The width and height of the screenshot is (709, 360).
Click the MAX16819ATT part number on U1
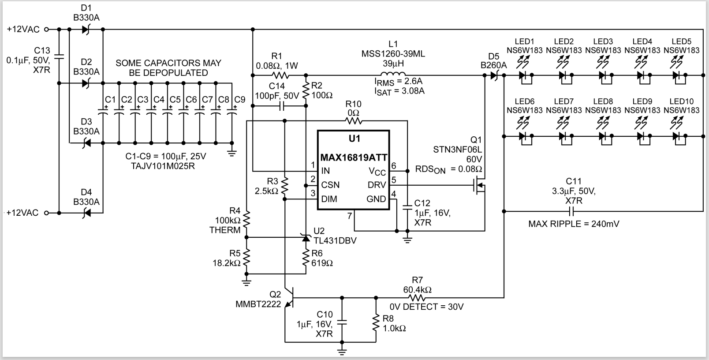(x=354, y=157)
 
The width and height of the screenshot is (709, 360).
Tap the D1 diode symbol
(x=86, y=30)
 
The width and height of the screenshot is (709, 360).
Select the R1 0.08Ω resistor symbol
(x=280, y=75)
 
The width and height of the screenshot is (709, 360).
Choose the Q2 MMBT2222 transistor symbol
(x=289, y=298)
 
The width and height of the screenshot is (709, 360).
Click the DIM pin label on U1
(x=329, y=199)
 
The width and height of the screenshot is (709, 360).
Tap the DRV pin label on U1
(x=377, y=185)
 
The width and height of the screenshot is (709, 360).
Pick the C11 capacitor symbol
(x=571, y=211)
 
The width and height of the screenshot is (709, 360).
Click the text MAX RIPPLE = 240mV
(x=574, y=224)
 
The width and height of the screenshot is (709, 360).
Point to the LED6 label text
(x=524, y=101)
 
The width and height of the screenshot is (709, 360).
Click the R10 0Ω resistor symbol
(x=353, y=120)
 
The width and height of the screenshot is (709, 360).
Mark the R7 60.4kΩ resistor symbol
(x=417, y=298)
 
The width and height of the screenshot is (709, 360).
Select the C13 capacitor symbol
(x=59, y=56)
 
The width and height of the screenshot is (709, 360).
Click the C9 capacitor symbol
(x=231, y=112)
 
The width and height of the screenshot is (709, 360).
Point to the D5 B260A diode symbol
(x=494, y=75)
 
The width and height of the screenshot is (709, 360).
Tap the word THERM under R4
(x=225, y=230)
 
